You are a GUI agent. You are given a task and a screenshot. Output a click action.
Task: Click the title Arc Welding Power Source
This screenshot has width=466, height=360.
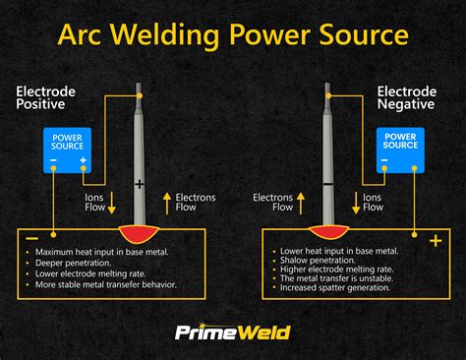click(x=233, y=35)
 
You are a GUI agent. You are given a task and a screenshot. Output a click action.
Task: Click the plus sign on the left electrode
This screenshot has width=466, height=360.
click(x=140, y=184)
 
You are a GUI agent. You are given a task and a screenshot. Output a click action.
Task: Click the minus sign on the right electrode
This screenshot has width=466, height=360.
click(x=326, y=184)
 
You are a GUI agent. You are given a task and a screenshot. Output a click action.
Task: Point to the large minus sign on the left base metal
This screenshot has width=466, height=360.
click(x=31, y=239)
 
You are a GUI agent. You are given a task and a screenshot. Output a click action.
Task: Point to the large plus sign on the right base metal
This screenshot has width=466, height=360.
click(x=436, y=239)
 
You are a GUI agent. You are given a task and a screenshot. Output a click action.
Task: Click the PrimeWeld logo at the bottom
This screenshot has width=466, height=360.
click(x=233, y=332)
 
